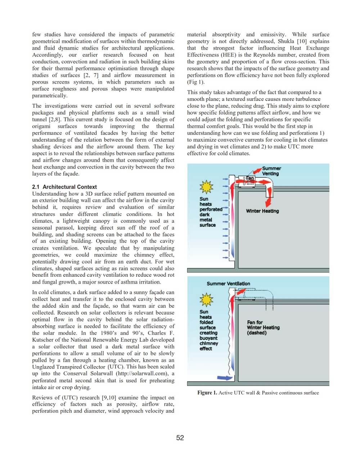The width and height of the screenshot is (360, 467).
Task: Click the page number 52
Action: pyautogui.click(x=180, y=437)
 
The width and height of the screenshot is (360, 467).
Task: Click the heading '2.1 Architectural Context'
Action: pyautogui.click(x=64, y=187)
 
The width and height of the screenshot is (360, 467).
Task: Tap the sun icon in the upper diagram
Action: pyautogui.click(x=206, y=187)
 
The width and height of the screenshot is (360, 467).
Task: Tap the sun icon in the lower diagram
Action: pyautogui.click(x=206, y=299)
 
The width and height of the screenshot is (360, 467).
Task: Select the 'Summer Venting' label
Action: pyautogui.click(x=271, y=171)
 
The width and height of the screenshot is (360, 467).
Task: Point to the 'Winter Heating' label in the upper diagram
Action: pyautogui.click(x=262, y=211)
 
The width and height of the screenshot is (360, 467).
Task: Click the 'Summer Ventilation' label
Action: pyautogui.click(x=228, y=284)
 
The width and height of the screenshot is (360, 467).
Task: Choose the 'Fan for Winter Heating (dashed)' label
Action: pyautogui.click(x=263, y=327)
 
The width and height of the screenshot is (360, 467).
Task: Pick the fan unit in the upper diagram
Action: pyautogui.click(x=249, y=181)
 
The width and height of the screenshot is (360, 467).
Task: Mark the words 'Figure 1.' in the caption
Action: pyautogui.click(x=207, y=393)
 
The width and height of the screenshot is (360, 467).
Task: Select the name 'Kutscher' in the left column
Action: pyautogui.click(x=43, y=340)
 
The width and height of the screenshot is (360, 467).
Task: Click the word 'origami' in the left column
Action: pyautogui.click(x=42, y=126)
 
